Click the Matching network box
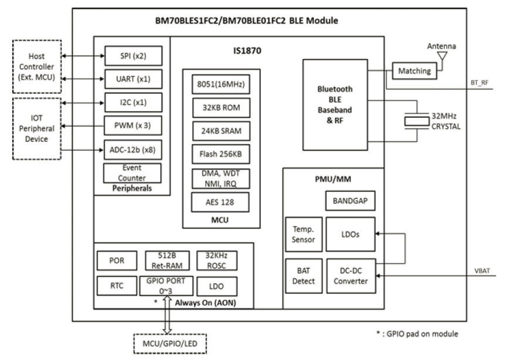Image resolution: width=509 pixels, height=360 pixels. click(414, 71)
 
